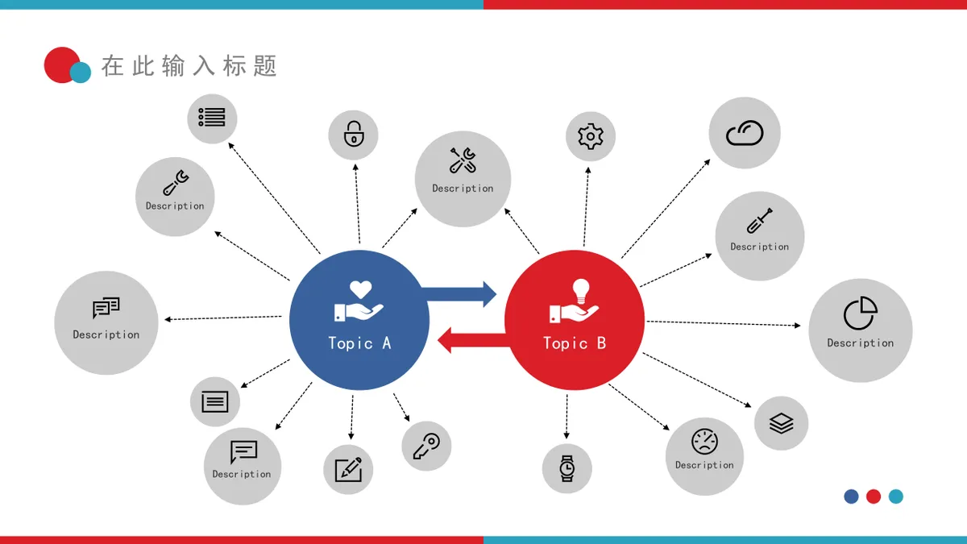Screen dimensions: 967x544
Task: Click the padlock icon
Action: pos(354,134)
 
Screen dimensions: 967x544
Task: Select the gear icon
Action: pos(590,136)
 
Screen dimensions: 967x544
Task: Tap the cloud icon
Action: pos(745,132)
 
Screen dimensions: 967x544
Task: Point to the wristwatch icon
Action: pos(567,468)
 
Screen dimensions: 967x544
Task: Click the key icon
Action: pos(426,446)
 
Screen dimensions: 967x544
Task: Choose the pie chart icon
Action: pos(861,313)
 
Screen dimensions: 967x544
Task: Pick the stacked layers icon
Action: pos(781,423)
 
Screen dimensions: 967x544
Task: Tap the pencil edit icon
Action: pos(348,469)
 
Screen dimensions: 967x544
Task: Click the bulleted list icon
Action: pos(211,118)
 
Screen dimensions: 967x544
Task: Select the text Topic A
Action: pos(359,343)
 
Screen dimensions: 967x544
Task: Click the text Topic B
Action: pos(574,343)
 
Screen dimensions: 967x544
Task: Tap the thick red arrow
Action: pos(474,340)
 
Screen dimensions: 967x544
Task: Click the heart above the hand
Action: pos(360,289)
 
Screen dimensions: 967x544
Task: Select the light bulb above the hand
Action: pos(581,291)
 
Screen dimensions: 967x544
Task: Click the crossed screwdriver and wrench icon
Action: pos(463,160)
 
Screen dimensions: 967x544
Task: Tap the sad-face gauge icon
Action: pos(704,442)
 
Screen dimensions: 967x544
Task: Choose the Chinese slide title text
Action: pos(189,66)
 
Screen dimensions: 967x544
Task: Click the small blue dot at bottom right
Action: pos(851,496)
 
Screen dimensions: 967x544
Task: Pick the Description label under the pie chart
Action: pos(861,343)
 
